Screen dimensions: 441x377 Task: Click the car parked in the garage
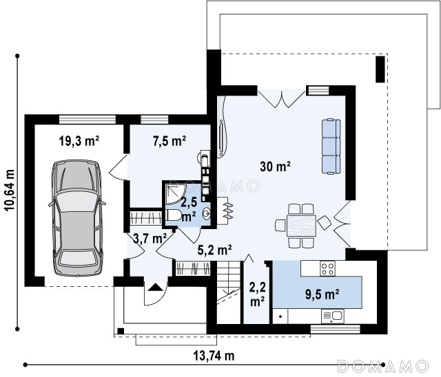76,218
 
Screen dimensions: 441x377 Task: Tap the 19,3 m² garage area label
79,140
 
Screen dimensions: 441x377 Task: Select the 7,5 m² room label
170,140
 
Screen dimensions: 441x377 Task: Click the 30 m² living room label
275,166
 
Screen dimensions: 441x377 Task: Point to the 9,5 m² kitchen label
322,294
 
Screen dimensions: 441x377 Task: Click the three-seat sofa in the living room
331,147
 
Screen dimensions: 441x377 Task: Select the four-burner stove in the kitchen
327,268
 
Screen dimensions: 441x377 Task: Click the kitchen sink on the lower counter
332,316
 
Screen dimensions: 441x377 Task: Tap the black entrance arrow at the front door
155,287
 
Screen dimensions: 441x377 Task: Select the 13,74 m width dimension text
214,356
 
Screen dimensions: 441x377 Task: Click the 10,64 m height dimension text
10,190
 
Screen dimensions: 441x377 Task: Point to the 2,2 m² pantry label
257,294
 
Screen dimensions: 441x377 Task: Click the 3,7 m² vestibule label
150,238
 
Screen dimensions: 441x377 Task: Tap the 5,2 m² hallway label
214,250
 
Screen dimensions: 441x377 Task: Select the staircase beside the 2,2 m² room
228,292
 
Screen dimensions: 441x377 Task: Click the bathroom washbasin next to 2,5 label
207,214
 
